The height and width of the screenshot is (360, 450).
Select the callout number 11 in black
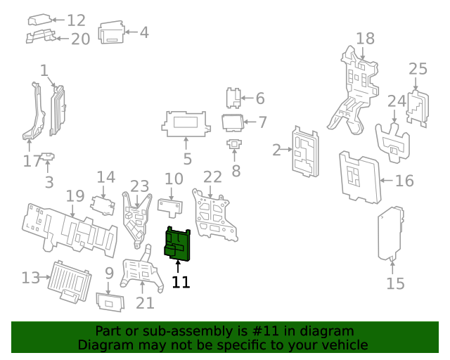point(181,283)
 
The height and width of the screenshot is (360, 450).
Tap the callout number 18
point(365,38)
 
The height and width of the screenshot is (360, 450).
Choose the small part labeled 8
point(234,146)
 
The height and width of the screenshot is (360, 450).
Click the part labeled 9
point(110,302)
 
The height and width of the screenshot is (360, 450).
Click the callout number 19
point(75,195)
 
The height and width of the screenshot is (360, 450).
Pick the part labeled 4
point(110,33)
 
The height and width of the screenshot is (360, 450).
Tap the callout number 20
point(80,39)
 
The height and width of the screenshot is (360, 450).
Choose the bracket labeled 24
point(395,139)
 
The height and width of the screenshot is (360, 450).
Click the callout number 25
point(418,69)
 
